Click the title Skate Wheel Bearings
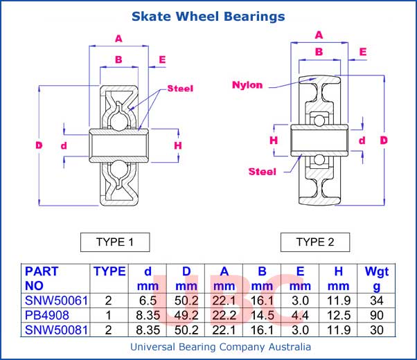208,15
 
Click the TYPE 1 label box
114,242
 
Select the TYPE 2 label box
315,242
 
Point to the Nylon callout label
247,85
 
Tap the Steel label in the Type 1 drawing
180,89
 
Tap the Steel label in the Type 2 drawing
262,171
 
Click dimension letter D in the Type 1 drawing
39,145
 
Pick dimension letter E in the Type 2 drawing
362,51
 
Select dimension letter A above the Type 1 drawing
118,38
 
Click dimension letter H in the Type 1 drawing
177,145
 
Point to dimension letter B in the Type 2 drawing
319,51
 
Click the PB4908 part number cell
47,315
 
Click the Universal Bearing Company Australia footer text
220,347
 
